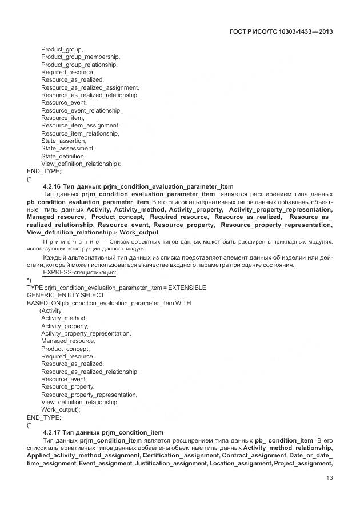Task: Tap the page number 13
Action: click(x=330, y=479)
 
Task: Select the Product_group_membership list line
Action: click(x=81, y=57)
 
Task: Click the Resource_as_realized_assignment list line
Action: click(x=90, y=87)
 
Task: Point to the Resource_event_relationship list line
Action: click(x=81, y=110)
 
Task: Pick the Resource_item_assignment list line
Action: click(x=80, y=125)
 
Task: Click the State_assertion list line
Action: click(x=64, y=141)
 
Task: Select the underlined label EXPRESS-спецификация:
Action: click(x=80, y=272)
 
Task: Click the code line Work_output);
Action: click(x=61, y=409)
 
